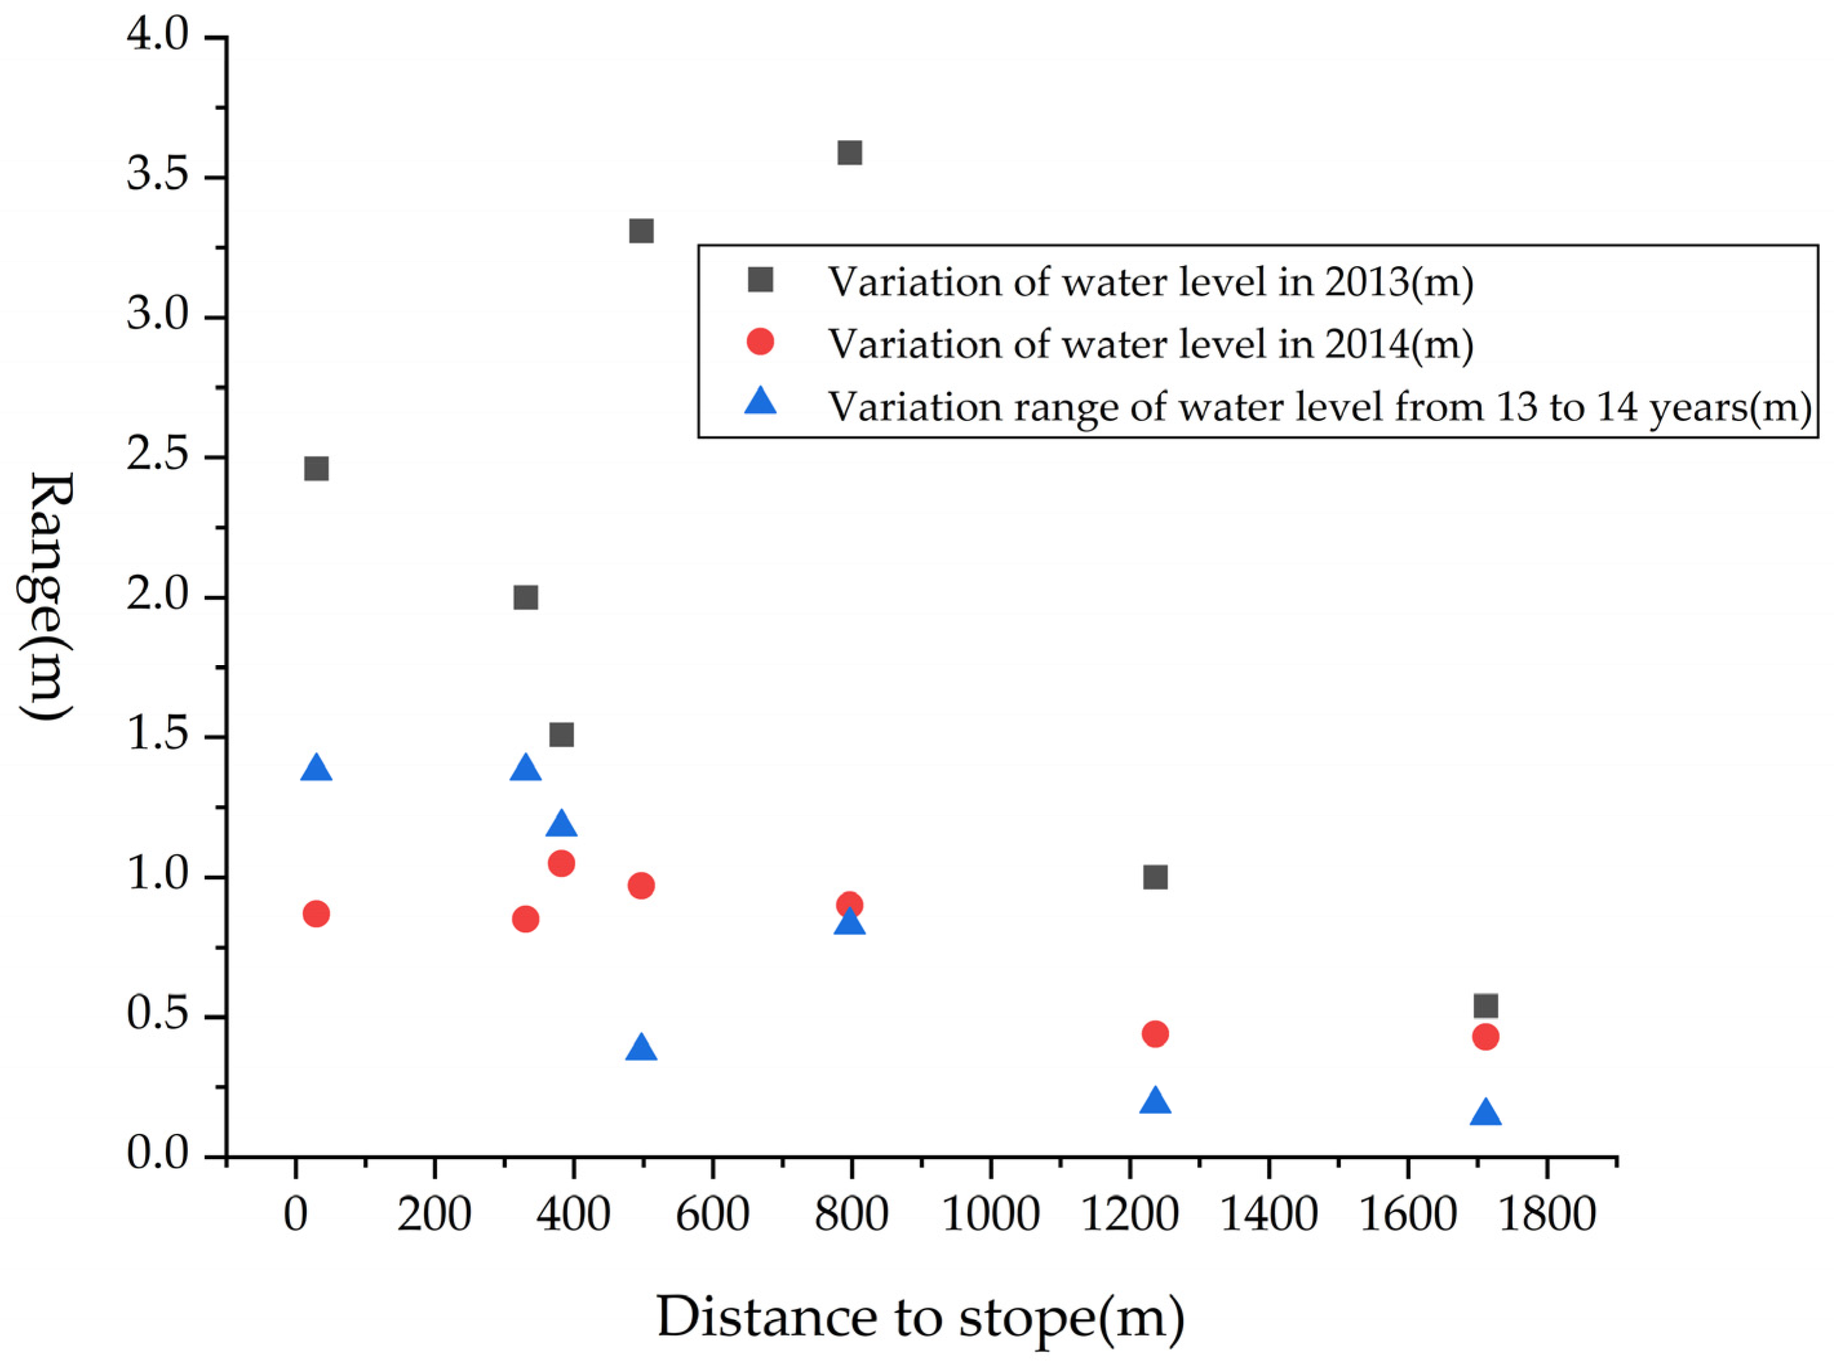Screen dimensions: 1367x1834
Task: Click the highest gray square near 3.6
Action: [850, 152]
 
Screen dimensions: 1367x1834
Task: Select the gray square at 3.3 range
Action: [641, 231]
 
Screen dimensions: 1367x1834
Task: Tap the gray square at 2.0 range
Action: [526, 597]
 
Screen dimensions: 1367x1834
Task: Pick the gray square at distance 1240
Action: [1155, 877]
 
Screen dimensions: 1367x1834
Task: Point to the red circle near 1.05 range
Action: [561, 864]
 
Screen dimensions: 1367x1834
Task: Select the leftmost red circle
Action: [316, 914]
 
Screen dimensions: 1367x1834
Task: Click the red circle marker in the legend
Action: [759, 342]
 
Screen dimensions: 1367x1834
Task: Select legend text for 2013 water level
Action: [1150, 282]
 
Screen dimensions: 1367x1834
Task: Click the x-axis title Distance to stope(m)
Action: [920, 1317]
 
